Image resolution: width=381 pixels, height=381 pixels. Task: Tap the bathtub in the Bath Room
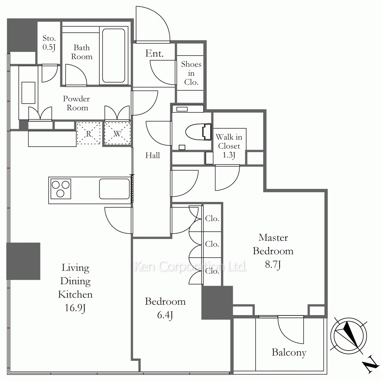point(114,56)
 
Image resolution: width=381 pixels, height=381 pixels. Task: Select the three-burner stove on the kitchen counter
point(60,189)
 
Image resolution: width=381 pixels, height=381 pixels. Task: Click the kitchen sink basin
point(114,189)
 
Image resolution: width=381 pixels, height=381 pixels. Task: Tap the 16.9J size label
point(75,308)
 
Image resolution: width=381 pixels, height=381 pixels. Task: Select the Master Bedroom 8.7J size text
point(273,264)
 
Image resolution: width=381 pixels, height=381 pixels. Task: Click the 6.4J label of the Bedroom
point(165,315)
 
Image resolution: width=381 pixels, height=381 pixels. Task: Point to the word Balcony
point(289,352)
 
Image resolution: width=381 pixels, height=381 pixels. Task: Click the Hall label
point(153,155)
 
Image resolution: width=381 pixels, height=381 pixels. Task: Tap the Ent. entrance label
point(154,53)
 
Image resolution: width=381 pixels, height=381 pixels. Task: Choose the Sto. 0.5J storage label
point(49,43)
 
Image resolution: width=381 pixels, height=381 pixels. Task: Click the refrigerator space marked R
point(89,133)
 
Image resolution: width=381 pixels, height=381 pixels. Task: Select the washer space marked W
point(117,133)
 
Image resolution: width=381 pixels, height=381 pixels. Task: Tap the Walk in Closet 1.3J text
point(229,146)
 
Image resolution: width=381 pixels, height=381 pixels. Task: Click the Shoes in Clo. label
point(191,73)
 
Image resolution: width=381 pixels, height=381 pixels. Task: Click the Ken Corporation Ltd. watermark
point(190,267)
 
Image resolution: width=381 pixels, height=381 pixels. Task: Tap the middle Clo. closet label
point(212,244)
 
